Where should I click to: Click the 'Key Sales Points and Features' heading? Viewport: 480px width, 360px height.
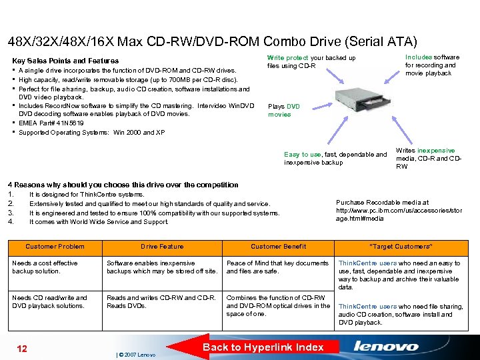tap(65, 61)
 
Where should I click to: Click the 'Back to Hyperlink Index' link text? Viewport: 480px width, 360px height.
tap(263, 347)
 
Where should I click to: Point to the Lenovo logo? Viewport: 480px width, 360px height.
tap(386, 347)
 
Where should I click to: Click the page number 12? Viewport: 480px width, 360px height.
tap(21, 349)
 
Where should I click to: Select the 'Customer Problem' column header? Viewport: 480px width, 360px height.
tap(55, 247)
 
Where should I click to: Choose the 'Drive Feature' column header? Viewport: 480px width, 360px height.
tap(162, 247)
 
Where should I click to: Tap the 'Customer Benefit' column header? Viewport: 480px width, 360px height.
tap(279, 247)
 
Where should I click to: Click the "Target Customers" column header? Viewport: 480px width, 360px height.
tap(401, 247)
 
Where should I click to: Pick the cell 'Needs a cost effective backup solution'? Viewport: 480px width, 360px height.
tap(45, 267)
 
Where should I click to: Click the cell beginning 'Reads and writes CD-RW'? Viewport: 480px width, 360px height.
tap(161, 301)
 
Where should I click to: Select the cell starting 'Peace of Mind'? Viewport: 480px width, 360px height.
tap(277, 267)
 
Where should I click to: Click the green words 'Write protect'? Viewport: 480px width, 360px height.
tap(287, 58)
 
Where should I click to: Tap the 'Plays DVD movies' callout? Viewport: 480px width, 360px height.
tap(280, 110)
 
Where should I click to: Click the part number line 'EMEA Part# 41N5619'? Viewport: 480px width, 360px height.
tap(51, 123)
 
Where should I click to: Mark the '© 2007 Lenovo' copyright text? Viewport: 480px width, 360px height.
tap(137, 355)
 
